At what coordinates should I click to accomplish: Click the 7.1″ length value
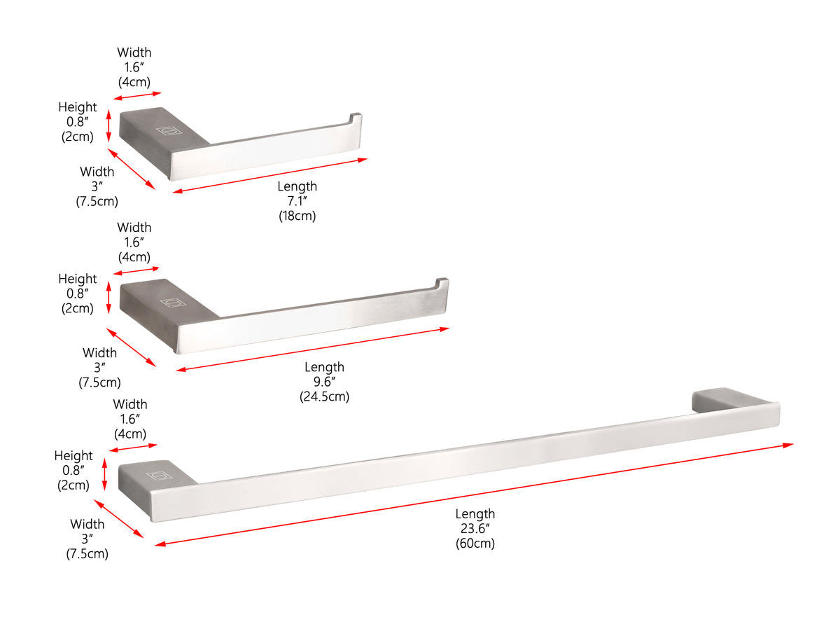297,200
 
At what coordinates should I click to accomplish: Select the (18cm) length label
297,216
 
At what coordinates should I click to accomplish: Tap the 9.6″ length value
324,381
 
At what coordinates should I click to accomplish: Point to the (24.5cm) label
324,396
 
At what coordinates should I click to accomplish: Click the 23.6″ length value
475,528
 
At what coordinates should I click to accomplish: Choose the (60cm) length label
475,543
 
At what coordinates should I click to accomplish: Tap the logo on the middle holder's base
173,302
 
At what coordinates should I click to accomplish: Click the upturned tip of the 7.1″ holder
356,116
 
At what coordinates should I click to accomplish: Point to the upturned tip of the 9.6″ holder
442,282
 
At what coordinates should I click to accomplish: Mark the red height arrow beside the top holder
109,126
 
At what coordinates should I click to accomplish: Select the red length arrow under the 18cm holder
270,176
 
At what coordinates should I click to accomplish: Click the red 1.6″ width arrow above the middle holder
136,270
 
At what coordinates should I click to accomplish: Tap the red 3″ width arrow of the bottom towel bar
118,518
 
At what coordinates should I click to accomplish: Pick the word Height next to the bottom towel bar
73,455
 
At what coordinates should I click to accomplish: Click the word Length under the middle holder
324,367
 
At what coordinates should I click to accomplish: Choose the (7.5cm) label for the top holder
97,201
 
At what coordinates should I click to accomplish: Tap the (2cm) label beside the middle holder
77,308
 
